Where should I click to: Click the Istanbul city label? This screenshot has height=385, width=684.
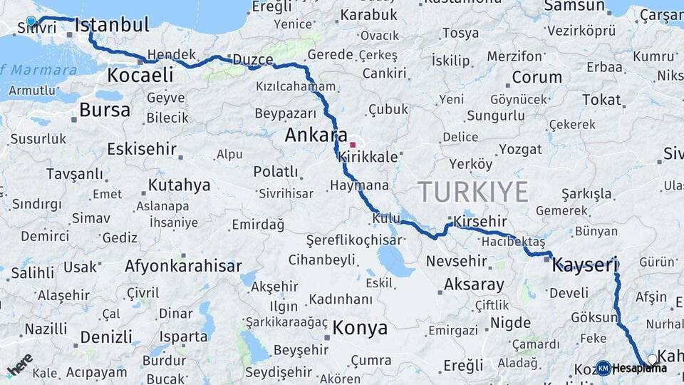tap(112, 26)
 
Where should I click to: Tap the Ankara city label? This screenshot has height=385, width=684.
tap(316, 135)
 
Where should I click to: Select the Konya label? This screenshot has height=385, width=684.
tap(361, 328)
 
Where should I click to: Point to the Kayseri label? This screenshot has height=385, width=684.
tap(585, 266)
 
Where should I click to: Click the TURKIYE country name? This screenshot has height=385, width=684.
tap(472, 192)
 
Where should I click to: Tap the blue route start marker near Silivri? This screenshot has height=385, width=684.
tap(31, 21)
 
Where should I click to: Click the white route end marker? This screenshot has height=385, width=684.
tap(652, 359)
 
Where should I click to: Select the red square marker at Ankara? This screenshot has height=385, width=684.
tap(352, 145)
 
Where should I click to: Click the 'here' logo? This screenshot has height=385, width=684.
tap(19, 364)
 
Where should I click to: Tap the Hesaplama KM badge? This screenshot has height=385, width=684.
tap(603, 368)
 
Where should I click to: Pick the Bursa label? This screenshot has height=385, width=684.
tap(105, 110)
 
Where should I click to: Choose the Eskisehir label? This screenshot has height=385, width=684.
tap(140, 149)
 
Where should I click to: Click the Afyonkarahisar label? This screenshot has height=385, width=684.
tap(183, 267)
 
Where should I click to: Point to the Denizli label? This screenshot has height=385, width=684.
tap(106, 337)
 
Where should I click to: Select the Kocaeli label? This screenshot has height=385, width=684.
tap(140, 75)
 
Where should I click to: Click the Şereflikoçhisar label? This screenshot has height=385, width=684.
tap(353, 241)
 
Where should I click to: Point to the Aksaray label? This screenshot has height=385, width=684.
tap(474, 284)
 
